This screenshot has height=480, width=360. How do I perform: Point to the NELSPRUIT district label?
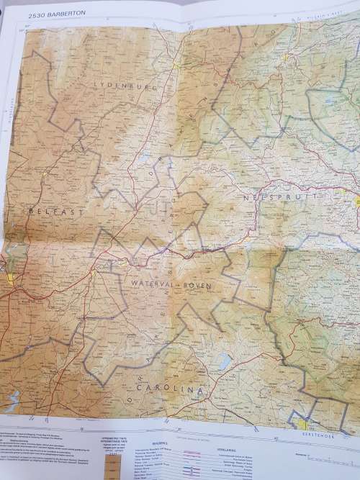point(276,196)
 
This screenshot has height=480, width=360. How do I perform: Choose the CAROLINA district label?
point(163,389)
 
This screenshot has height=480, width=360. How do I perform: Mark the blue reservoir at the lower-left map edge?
point(10,400)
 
